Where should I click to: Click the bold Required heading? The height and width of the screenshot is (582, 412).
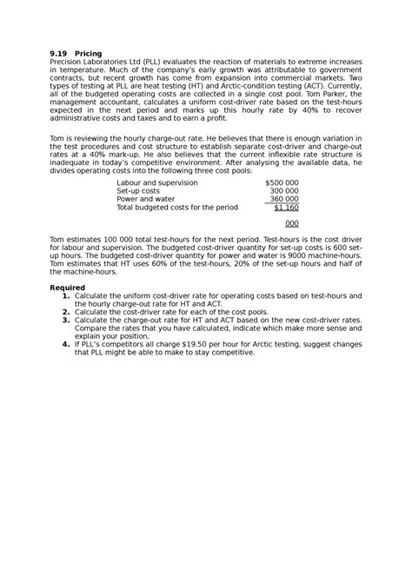click(67, 288)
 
